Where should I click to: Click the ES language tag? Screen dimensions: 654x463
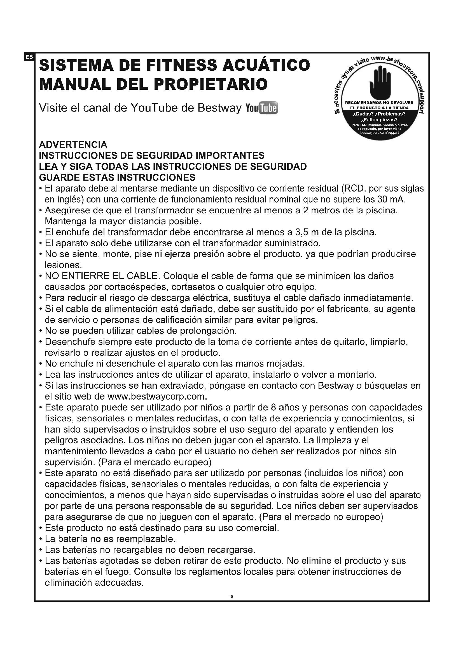[29, 57]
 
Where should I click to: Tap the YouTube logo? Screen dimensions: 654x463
[261, 108]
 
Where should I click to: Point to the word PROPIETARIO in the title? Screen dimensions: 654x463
[211, 84]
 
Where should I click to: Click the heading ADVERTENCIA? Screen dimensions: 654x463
[73, 145]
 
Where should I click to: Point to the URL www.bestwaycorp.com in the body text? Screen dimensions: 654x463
[156, 396]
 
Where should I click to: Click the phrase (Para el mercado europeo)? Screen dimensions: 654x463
[155, 462]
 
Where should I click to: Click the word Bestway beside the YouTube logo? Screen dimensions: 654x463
[219, 108]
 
